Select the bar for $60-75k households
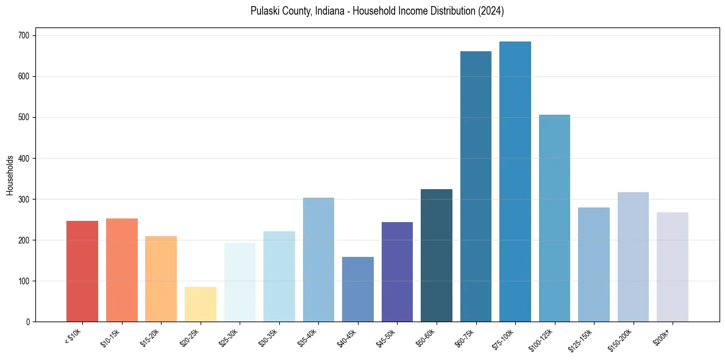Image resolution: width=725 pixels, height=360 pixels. pos(476,187)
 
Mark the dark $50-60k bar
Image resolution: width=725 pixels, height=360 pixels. pos(437,256)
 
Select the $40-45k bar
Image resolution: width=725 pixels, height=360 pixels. pos(358,289)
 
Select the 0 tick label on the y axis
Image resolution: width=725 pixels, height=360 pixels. pos(29,322)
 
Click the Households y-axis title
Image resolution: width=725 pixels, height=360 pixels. pos(10,175)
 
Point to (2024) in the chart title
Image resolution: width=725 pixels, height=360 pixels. pos(491,11)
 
